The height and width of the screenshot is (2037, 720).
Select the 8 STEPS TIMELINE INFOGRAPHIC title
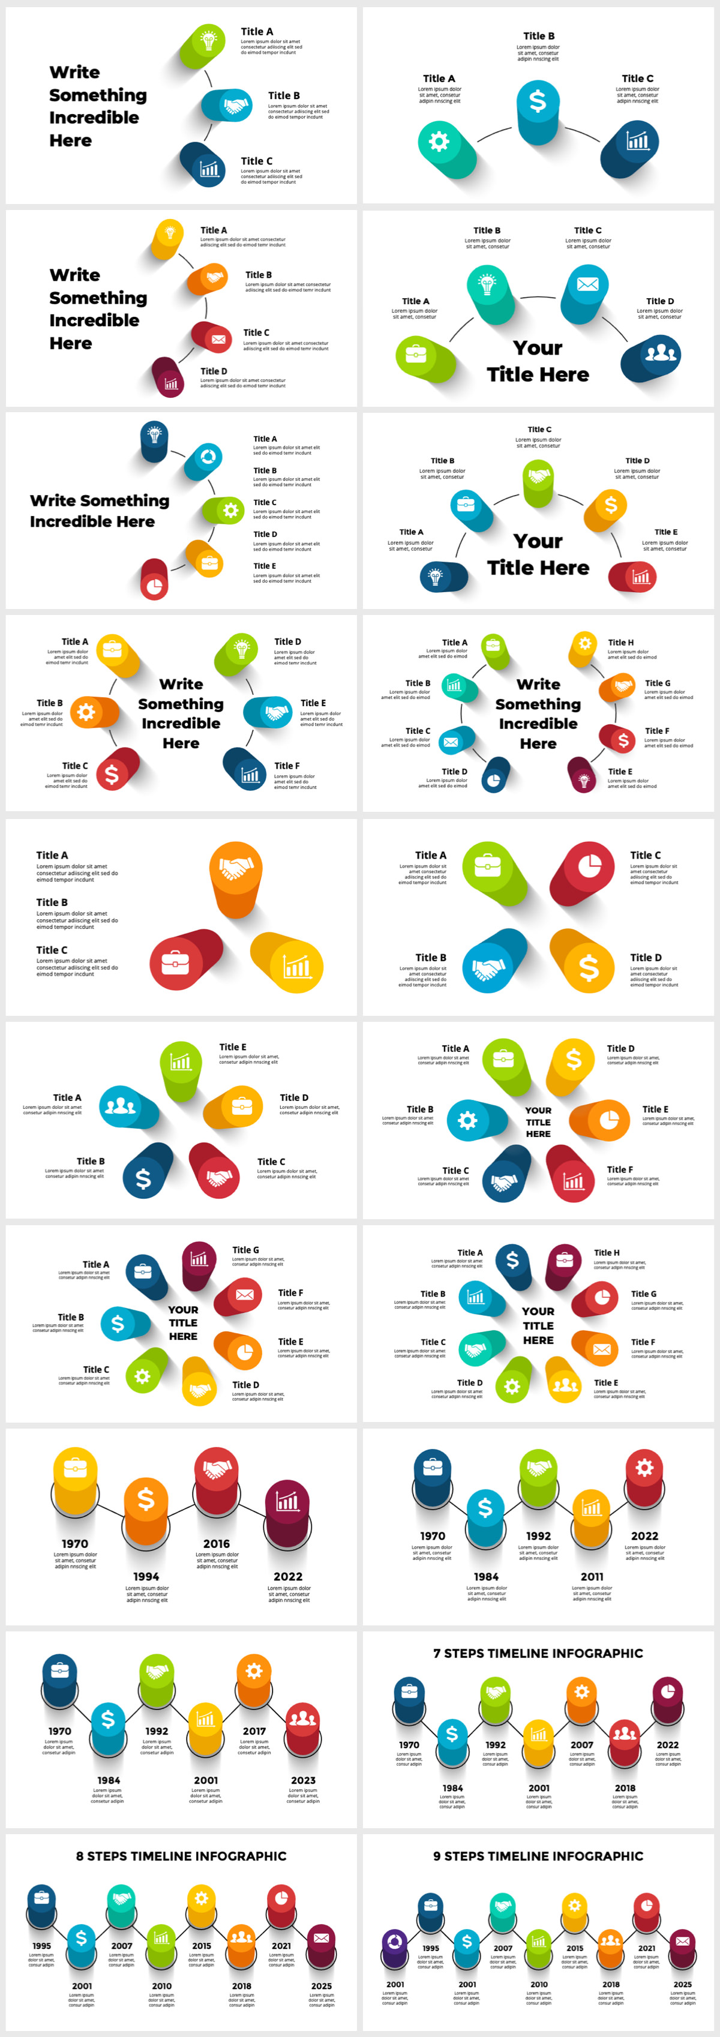coord(181,1856)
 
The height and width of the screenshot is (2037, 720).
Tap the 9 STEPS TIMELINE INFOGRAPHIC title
coord(538,1856)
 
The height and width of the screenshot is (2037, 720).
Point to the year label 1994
coord(146,1577)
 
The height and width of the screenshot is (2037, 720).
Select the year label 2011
coord(592,1577)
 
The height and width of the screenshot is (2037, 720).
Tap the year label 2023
coord(304,1781)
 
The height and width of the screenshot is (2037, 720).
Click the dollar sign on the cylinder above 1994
coord(146,1498)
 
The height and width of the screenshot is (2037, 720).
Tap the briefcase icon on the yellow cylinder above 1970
coord(76,1468)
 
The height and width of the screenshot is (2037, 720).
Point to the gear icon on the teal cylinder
coord(439,142)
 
